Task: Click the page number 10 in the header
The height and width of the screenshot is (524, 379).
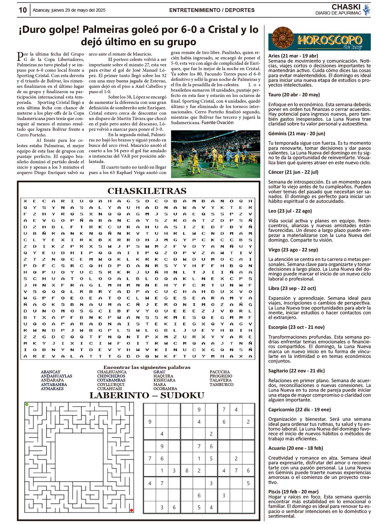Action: click(x=23, y=10)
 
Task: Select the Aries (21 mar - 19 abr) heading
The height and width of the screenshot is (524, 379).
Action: click(x=293, y=56)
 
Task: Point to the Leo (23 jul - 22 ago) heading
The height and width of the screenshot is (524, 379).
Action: click(x=290, y=211)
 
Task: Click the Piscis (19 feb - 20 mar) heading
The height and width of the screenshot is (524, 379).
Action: click(x=293, y=492)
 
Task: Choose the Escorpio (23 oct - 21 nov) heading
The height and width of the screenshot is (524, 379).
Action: click(x=296, y=327)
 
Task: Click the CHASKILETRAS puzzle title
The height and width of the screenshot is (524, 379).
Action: click(x=147, y=191)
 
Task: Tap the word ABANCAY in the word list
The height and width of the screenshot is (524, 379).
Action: click(x=51, y=372)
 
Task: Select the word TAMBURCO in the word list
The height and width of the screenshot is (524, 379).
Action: click(x=221, y=385)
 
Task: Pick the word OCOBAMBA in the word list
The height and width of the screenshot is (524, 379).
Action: click(x=165, y=389)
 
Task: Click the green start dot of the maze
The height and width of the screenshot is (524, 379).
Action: click(x=27, y=404)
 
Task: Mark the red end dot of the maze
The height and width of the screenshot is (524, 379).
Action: click(x=131, y=510)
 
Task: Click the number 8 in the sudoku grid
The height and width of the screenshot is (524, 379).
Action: click(x=187, y=471)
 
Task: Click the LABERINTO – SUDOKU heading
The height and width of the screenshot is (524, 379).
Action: click(x=147, y=395)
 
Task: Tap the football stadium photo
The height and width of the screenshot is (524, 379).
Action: click(x=215, y=154)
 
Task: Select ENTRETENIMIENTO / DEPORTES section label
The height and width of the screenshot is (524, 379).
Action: click(x=212, y=10)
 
